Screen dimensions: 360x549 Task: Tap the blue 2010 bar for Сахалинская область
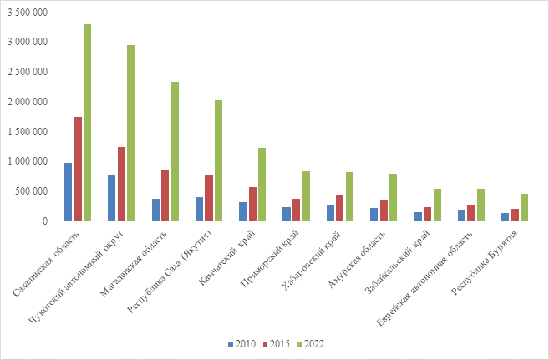click(68, 192)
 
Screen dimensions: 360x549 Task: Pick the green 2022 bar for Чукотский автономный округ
click(131, 133)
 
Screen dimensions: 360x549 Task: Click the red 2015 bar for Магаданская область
click(165, 195)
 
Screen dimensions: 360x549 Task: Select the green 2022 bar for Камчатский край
click(262, 185)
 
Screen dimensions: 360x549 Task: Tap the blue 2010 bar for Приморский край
click(286, 214)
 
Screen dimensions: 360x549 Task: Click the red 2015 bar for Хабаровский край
click(339, 208)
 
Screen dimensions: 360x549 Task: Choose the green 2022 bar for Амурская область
click(392, 197)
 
